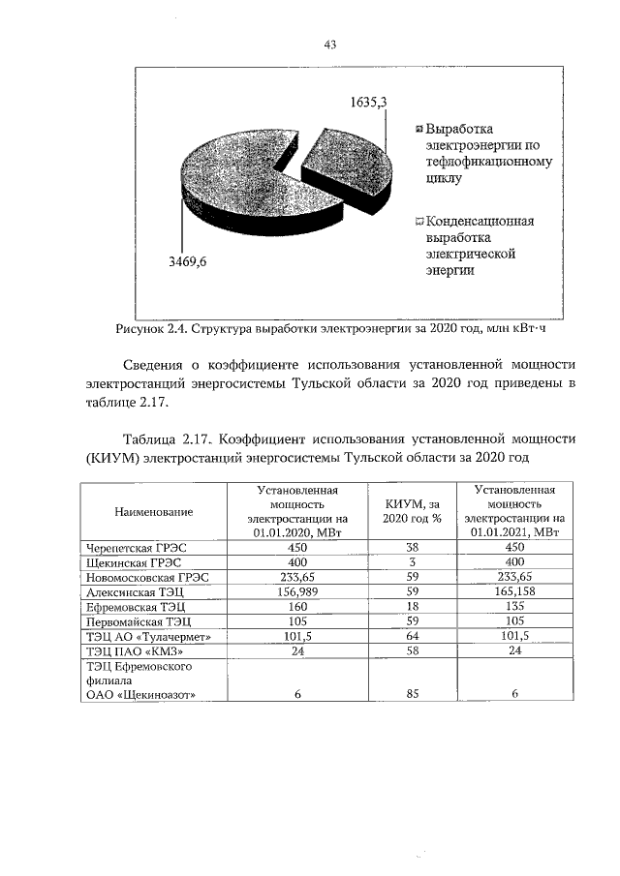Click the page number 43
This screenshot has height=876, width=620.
(330, 45)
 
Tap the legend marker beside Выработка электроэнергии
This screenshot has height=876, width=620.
(418, 129)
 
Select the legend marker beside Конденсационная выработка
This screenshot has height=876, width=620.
(418, 222)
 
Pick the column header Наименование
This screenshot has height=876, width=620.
(153, 510)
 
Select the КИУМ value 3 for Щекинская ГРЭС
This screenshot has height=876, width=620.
(412, 561)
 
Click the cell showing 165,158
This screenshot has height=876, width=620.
(514, 590)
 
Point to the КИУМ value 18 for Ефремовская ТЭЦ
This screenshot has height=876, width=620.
(412, 606)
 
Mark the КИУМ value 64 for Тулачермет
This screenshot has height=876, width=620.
(412, 636)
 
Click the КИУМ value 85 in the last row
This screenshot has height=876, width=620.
(412, 693)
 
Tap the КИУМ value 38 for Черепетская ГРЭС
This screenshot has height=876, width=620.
(412, 546)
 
